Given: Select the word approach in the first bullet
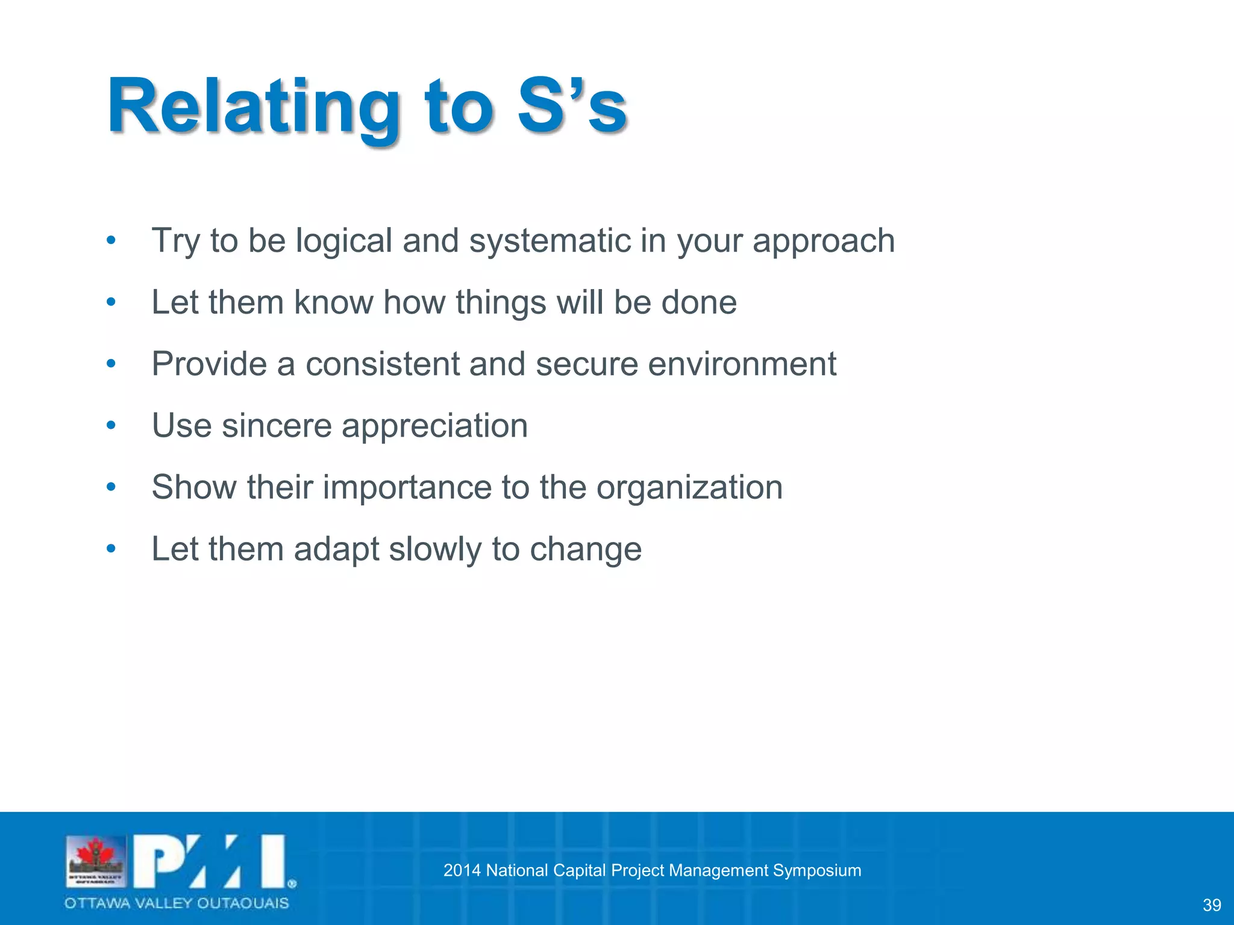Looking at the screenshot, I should (x=824, y=241).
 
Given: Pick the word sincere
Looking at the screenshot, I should (x=277, y=425).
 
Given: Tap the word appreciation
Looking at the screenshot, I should (x=434, y=426).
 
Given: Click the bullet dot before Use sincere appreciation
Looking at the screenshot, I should (x=111, y=426).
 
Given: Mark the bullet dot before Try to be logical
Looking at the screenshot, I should (x=111, y=241).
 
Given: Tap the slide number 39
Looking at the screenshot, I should (x=1211, y=905).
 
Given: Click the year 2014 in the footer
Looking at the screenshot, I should (x=462, y=870).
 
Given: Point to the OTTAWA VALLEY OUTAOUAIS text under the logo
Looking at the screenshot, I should (x=177, y=903).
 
